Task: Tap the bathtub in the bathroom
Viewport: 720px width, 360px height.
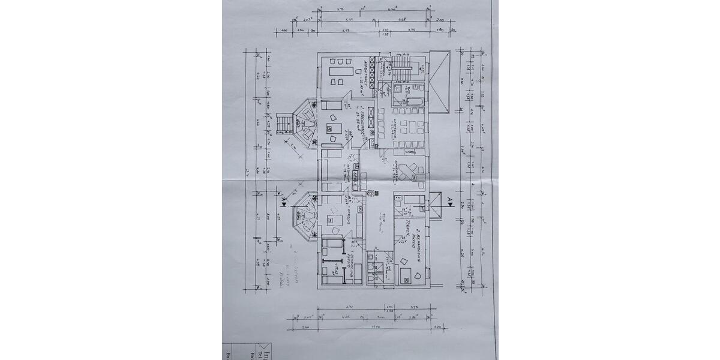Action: pyautogui.click(x=415, y=90)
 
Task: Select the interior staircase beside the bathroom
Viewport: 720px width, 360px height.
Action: pyautogui.click(x=403, y=67)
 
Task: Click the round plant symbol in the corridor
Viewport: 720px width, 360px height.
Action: pyautogui.click(x=371, y=193)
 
